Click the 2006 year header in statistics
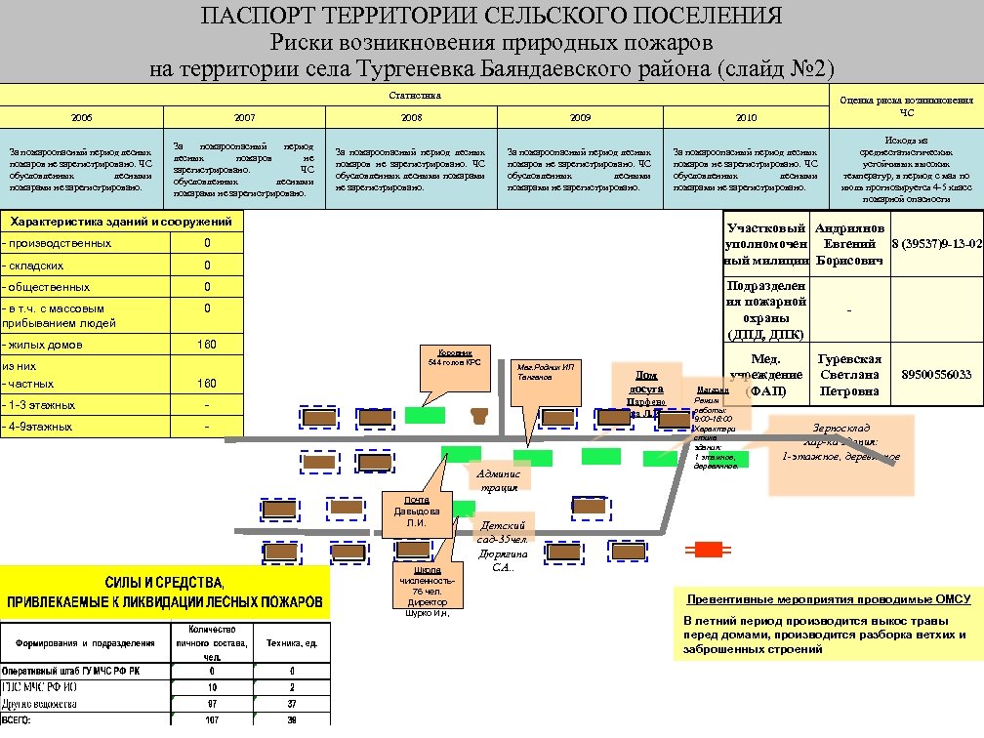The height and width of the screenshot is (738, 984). point(82,117)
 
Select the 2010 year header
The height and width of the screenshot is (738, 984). point(746,117)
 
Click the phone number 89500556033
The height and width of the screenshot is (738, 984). point(935,375)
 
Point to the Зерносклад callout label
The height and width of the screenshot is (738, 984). point(840,442)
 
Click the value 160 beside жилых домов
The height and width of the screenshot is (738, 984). point(207,345)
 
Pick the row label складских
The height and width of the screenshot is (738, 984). point(34,266)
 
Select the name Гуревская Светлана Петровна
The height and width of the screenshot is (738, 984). point(849,375)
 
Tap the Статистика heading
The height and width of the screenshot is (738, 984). point(415,96)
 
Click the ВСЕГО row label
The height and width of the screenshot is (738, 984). point(17,720)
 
